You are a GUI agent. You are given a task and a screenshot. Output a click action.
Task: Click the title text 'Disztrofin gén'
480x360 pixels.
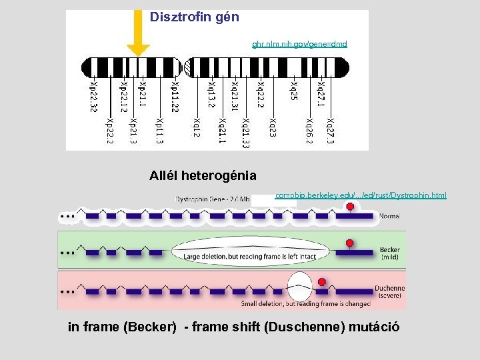(x=194, y=17)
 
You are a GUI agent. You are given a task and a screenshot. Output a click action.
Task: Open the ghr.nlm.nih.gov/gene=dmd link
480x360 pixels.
(x=299, y=44)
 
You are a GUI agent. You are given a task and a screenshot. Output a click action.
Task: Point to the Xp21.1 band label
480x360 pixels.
(x=142, y=95)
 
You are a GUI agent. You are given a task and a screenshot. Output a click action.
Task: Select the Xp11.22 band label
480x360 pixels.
(x=175, y=97)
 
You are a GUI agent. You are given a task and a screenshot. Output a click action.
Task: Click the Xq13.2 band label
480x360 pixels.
(x=211, y=95)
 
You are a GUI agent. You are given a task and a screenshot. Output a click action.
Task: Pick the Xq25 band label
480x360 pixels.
(x=293, y=91)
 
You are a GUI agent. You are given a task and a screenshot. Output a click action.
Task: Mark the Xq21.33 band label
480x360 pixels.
(x=246, y=133)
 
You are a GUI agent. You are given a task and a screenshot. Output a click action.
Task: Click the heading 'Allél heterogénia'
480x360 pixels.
(x=203, y=176)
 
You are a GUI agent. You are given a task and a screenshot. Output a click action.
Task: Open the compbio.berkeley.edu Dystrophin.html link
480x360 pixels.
(x=361, y=195)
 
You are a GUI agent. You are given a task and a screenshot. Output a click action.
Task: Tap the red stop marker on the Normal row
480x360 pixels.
(x=350, y=207)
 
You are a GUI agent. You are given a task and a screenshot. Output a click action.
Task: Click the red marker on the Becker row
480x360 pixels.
(x=348, y=241)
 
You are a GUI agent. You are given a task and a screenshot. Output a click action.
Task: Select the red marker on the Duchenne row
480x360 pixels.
(x=322, y=282)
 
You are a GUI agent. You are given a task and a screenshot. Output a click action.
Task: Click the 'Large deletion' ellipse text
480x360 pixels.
(x=251, y=256)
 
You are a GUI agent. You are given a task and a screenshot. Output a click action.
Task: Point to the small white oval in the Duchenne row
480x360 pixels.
(x=299, y=288)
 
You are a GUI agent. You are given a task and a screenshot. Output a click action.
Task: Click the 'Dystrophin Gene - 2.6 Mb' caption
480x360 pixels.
(x=213, y=199)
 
